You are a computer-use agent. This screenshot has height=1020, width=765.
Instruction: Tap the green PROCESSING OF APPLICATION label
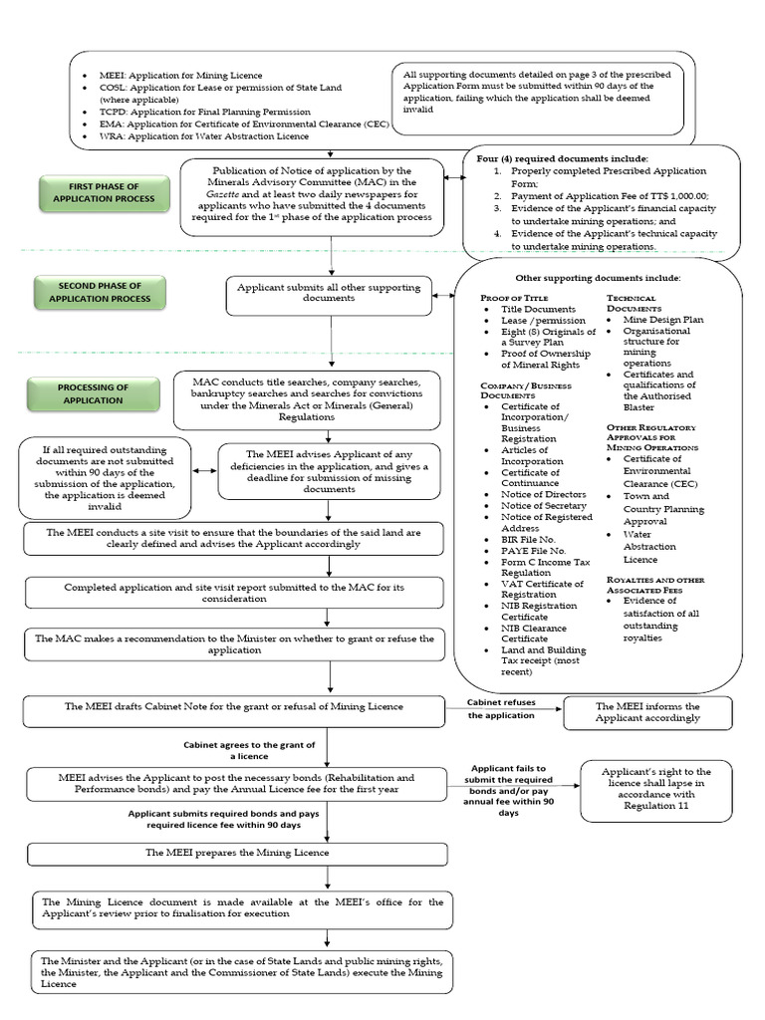[94, 393]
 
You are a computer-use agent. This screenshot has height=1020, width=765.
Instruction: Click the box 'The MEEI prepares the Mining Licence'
[236, 853]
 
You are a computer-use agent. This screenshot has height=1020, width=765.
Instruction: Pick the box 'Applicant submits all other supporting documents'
[328, 293]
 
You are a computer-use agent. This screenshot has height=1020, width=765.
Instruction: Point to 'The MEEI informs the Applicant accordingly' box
[647, 712]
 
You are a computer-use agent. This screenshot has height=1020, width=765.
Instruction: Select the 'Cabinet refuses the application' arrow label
[502, 709]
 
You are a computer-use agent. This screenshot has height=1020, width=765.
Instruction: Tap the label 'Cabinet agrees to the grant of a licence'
[249, 750]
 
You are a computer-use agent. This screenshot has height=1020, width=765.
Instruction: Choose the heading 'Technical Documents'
[632, 304]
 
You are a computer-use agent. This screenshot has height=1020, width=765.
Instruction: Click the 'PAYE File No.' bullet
[533, 551]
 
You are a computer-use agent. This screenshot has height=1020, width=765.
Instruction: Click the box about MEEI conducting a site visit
[234, 539]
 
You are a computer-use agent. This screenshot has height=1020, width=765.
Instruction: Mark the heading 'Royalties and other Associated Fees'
[654, 585]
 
